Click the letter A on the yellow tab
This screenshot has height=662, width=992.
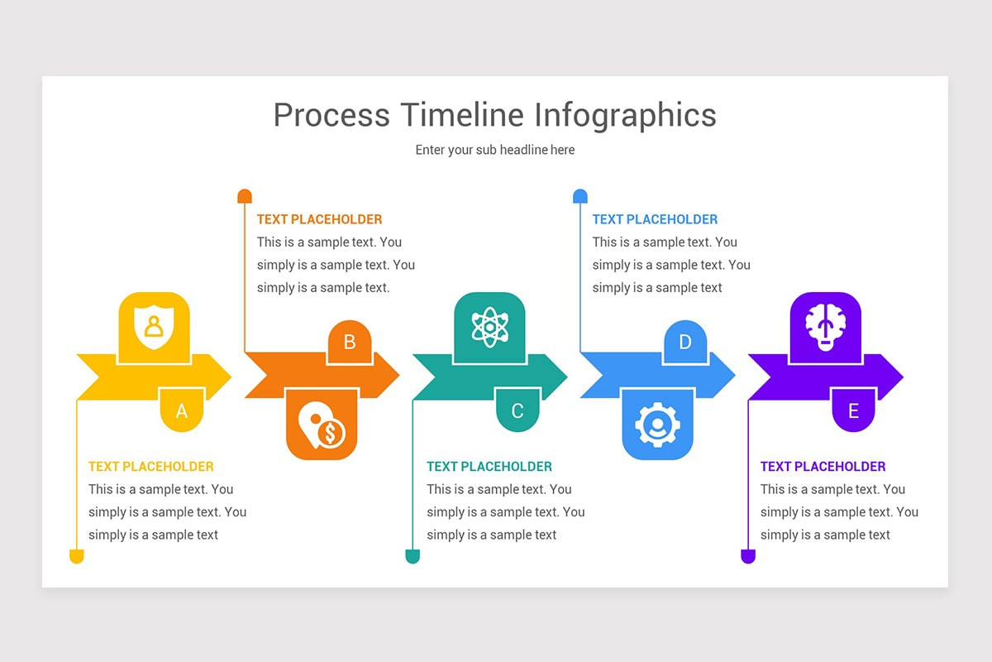[182, 411]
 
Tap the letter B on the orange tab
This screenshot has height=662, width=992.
[350, 342]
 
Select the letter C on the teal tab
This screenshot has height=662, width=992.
[517, 411]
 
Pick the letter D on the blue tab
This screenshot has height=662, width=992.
[685, 342]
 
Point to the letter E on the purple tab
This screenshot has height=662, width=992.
[853, 411]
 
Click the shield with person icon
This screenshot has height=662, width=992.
[154, 325]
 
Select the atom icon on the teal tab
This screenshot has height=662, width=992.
[489, 326]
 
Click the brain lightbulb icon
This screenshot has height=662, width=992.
[825, 325]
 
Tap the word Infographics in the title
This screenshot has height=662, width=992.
[625, 114]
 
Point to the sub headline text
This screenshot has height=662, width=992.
[495, 150]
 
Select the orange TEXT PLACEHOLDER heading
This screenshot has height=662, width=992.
[319, 219]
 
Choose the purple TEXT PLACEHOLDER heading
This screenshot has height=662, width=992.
[823, 467]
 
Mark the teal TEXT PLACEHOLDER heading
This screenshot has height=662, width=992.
[489, 467]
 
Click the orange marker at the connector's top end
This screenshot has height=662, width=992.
[245, 196]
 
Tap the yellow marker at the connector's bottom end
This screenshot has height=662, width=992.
[77, 556]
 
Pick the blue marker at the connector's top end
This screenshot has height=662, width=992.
[580, 196]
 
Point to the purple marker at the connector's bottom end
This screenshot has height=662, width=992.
[748, 556]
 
